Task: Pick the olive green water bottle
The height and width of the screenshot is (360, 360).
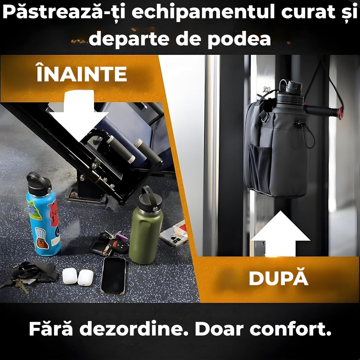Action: (145, 230)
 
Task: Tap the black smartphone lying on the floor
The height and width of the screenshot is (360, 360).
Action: (113, 275)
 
